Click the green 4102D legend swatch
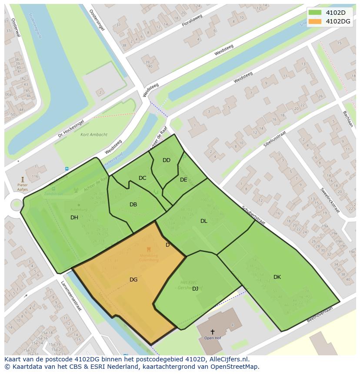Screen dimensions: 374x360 [315, 12]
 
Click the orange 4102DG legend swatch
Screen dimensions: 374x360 [315, 21]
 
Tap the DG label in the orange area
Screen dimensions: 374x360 [133, 280]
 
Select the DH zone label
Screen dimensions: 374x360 [74, 218]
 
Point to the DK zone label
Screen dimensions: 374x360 [277, 277]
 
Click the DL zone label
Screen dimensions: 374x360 [203, 221]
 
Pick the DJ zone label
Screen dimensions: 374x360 [195, 288]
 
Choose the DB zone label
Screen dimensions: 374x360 [133, 205]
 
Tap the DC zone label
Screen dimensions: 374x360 [142, 178]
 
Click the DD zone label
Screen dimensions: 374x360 [167, 160]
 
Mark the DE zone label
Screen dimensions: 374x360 [183, 180]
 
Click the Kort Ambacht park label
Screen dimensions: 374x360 [94, 135]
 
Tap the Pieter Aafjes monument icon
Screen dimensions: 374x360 [22, 179]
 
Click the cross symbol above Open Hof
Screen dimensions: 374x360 [212, 332]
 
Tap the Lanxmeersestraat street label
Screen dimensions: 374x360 [71, 296]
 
